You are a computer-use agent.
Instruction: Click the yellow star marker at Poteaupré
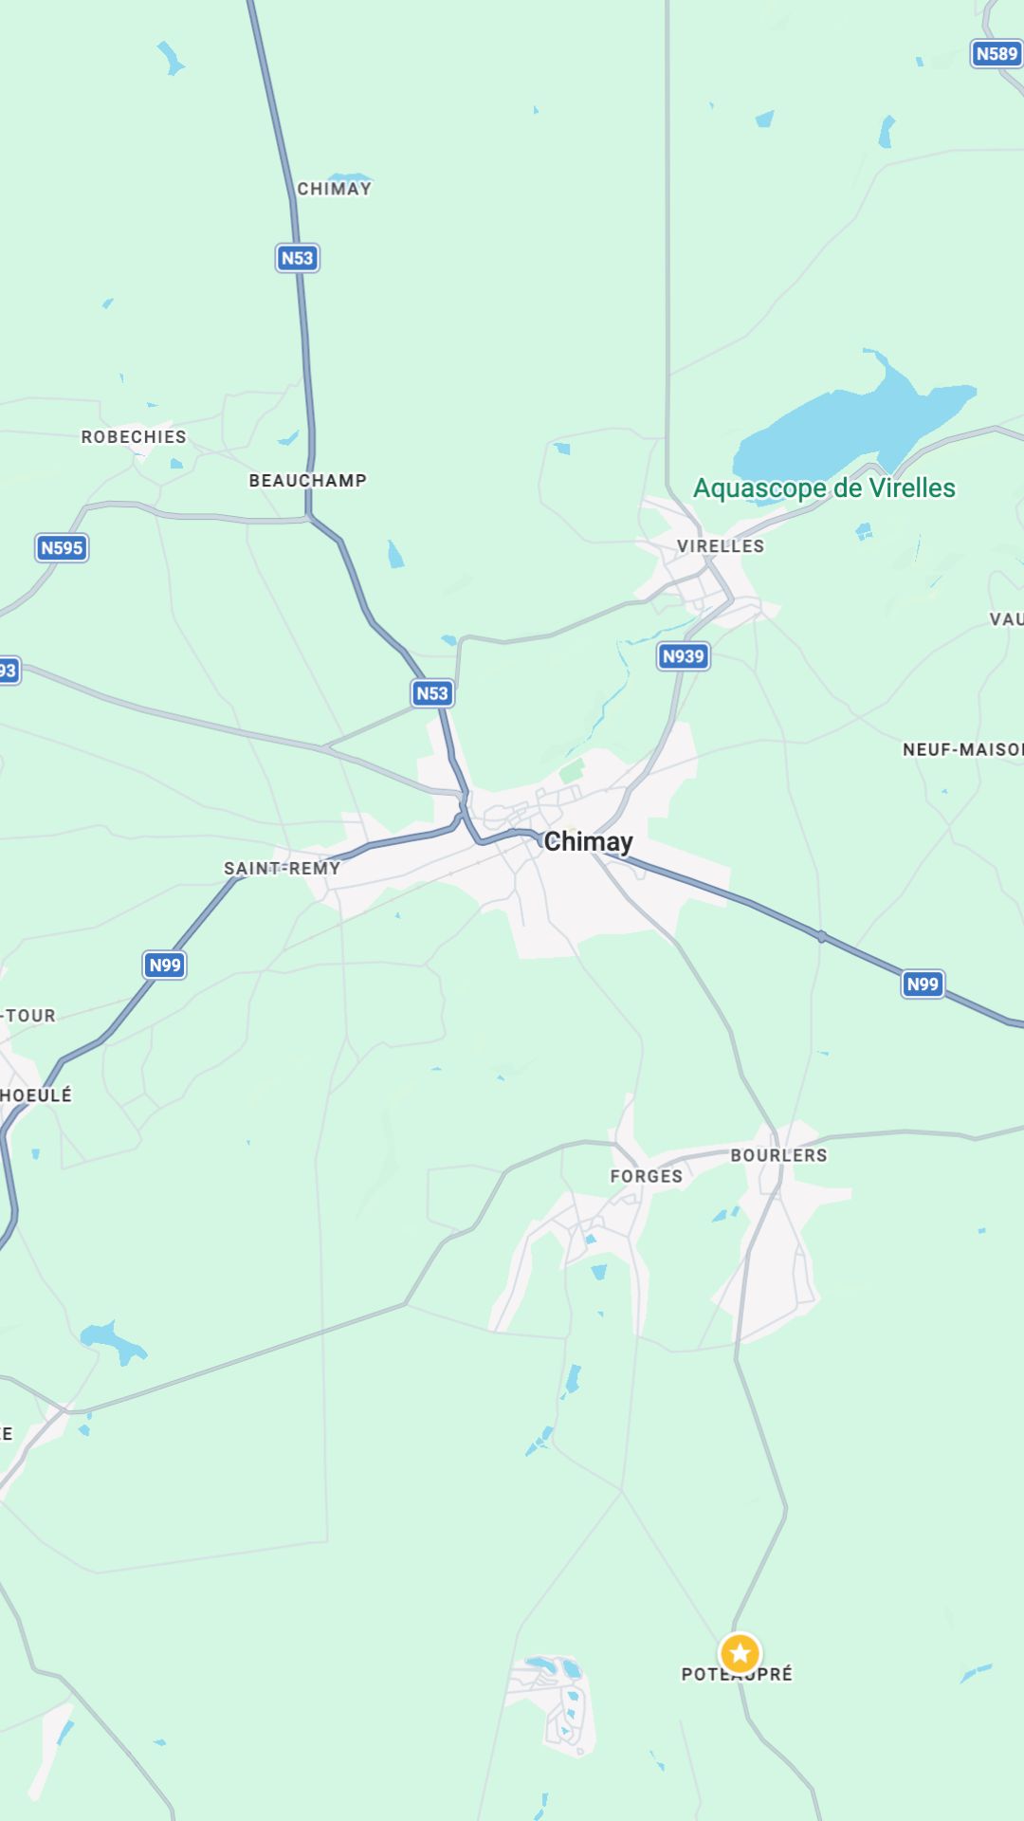tap(740, 1653)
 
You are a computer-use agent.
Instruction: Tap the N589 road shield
tap(997, 54)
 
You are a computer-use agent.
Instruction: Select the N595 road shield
tap(62, 547)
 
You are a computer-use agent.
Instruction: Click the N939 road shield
tap(683, 655)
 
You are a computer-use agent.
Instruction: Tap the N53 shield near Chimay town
tap(432, 692)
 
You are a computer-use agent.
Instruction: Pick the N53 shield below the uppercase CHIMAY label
tap(297, 258)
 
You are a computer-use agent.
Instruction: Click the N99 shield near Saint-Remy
tap(165, 965)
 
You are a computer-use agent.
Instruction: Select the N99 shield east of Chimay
tap(923, 984)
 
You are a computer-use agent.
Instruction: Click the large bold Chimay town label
tap(588, 841)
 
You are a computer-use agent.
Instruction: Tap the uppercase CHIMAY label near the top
tap(334, 189)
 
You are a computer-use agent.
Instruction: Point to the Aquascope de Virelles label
tap(824, 487)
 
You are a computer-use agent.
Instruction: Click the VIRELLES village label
tap(721, 545)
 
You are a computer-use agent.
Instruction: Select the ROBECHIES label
tap(134, 436)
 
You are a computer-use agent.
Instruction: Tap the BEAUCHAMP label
tap(307, 480)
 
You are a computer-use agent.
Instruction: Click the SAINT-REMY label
tap(282, 868)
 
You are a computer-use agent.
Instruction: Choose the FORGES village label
tap(646, 1176)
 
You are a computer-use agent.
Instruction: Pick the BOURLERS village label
tap(778, 1155)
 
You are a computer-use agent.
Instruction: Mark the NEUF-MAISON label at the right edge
tap(962, 749)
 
